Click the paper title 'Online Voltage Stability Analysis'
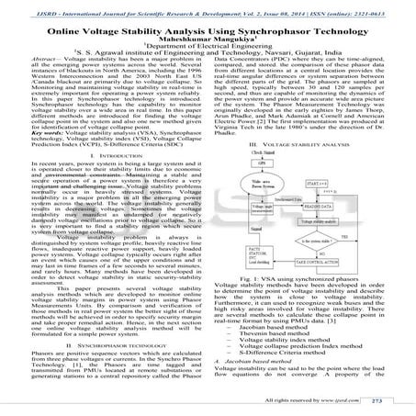pyautogui.click(x=208, y=28)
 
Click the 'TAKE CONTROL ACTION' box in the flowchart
pyautogui.click(x=311, y=263)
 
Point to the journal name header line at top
pyautogui.click(x=208, y=7)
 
